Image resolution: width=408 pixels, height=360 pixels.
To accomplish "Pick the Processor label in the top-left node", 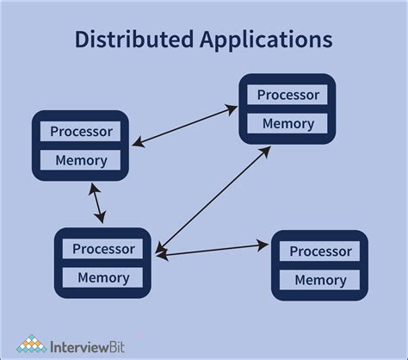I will coord(81,132).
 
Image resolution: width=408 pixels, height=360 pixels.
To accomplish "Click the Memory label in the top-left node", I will coord(81,160).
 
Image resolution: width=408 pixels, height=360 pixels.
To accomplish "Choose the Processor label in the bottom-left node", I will coord(103,249).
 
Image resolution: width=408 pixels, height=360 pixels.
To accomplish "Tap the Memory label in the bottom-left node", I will coord(103,277).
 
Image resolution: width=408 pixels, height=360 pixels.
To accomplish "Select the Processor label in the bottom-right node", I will coord(320,251).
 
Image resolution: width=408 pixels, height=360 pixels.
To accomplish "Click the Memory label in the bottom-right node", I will coord(320,280).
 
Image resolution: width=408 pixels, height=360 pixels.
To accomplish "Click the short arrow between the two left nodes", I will coord(97,203).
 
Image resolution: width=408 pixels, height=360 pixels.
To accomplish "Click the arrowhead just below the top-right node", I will coord(268,152).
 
